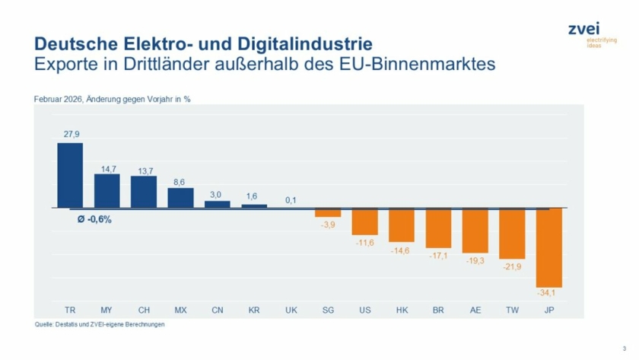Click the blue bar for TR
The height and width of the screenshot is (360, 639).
click(x=70, y=175)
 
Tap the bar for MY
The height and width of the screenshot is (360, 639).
click(x=106, y=190)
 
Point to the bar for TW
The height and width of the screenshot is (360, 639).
click(x=512, y=233)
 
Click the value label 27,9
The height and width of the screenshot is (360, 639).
click(x=70, y=134)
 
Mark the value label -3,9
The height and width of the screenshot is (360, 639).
click(x=328, y=225)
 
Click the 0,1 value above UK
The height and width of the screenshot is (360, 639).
click(x=291, y=199)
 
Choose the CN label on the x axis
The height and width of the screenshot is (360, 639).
click(x=218, y=310)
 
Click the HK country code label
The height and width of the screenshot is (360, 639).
click(x=402, y=310)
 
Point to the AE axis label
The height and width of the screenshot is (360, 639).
click(x=475, y=310)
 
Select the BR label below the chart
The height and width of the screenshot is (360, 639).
click(x=439, y=310)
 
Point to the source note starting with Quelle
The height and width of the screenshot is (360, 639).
click(x=100, y=324)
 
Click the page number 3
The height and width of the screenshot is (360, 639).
click(x=624, y=348)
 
